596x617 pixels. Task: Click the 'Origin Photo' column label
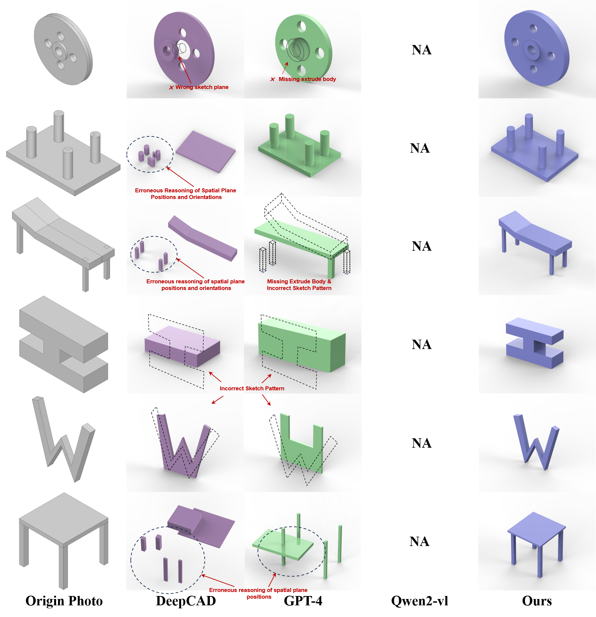(x=64, y=601)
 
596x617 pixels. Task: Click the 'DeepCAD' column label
(x=186, y=601)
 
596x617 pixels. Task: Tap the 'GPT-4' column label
(x=303, y=601)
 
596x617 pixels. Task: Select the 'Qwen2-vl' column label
(x=420, y=601)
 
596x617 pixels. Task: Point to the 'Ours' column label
(x=537, y=601)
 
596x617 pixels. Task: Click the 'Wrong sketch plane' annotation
(x=201, y=87)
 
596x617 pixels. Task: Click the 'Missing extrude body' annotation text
(x=307, y=79)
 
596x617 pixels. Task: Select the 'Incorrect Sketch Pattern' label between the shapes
(x=252, y=388)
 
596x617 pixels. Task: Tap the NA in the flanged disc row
(x=422, y=50)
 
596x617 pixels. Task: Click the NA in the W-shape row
(x=422, y=443)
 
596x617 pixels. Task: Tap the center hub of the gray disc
(x=59, y=52)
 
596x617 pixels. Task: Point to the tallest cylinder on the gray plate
(x=59, y=127)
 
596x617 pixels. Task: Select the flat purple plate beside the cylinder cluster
(x=205, y=151)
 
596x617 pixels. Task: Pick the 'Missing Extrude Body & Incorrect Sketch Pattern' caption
(x=299, y=285)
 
